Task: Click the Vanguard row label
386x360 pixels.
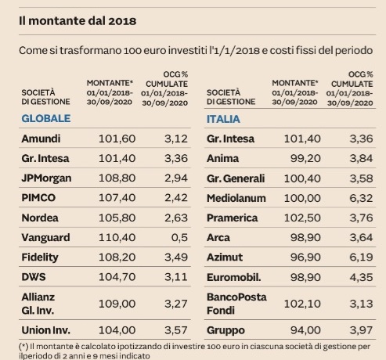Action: pos(46,236)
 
